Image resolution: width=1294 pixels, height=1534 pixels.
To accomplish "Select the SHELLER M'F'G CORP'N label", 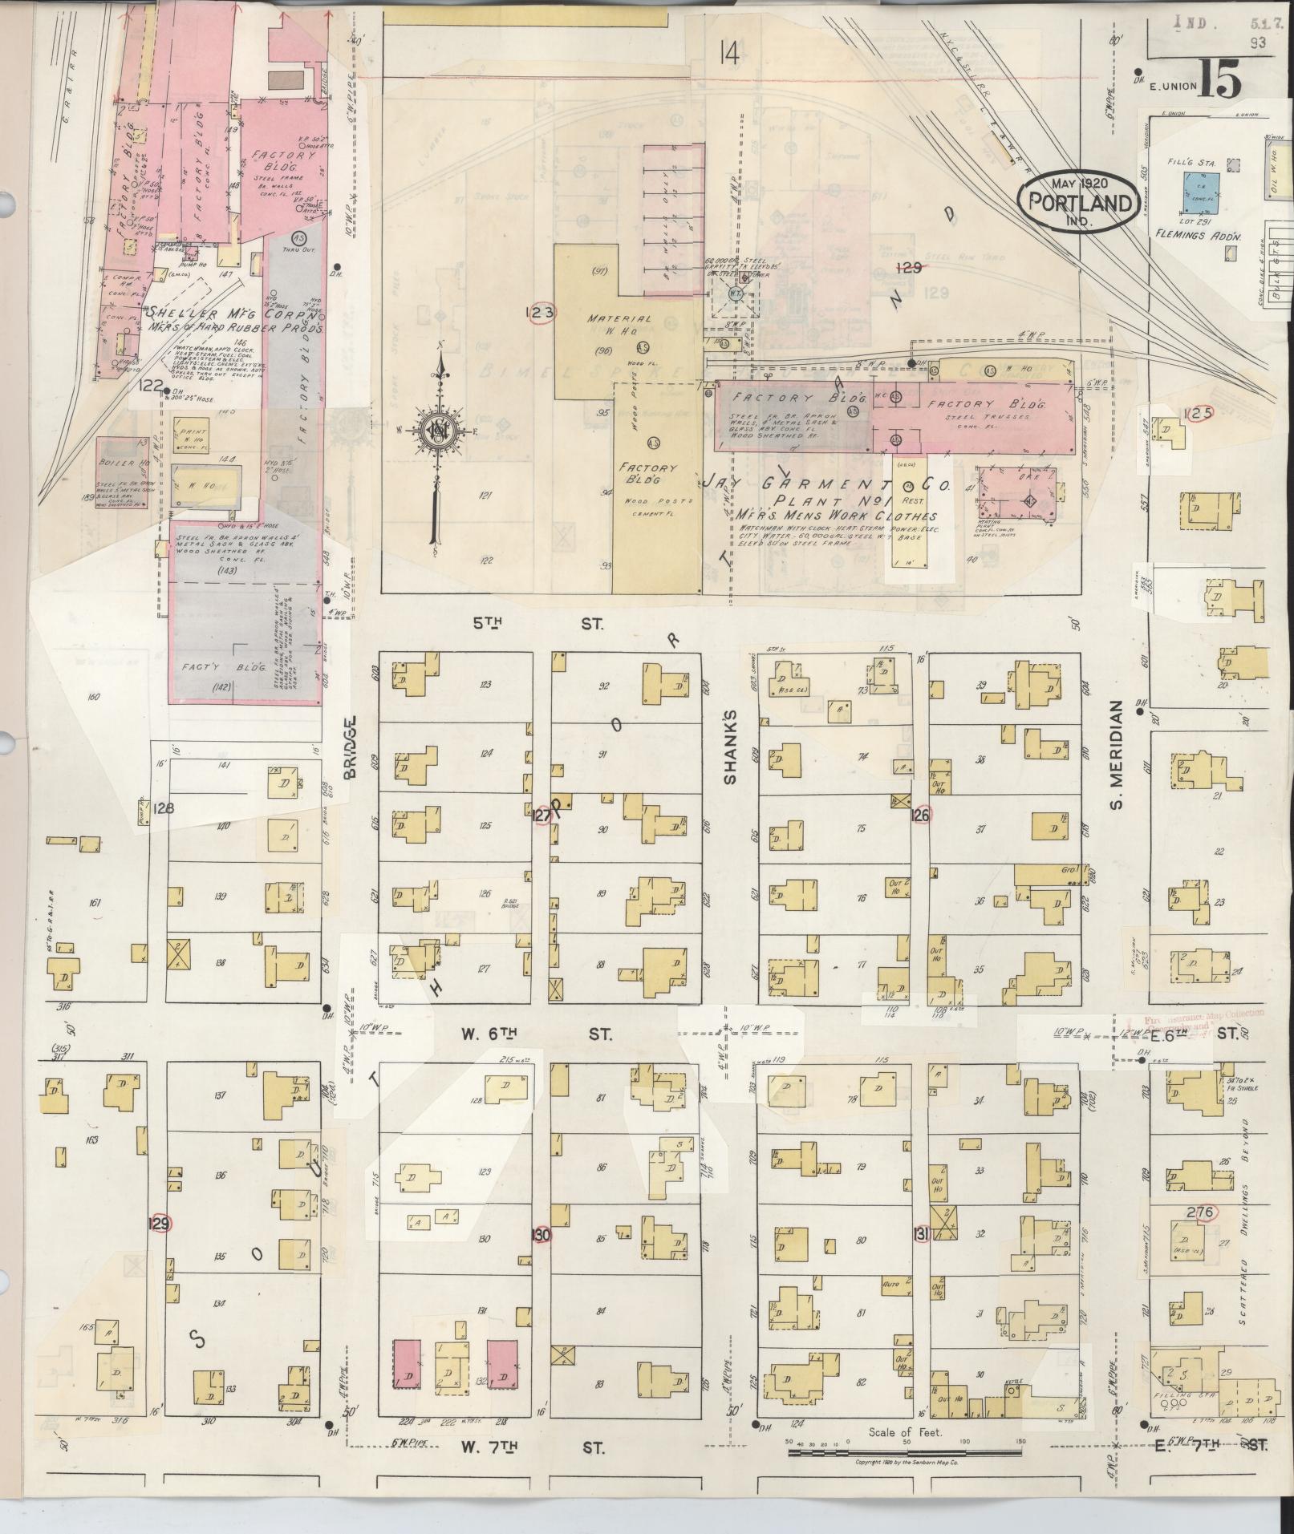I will pyautogui.click(x=233, y=320).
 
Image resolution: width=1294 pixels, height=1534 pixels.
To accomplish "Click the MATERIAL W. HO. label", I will pyautogui.click(x=619, y=326).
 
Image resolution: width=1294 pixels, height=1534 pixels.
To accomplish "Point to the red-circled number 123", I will pyautogui.click(x=540, y=313).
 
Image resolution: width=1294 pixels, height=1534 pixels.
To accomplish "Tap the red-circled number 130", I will pyautogui.click(x=542, y=1235).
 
